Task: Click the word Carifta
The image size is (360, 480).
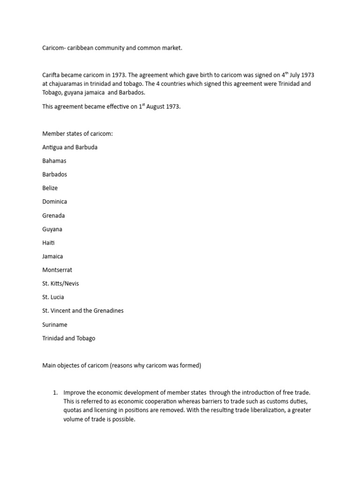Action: pyautogui.click(x=51, y=75)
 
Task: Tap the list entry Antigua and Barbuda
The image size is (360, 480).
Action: pyautogui.click(x=70, y=147)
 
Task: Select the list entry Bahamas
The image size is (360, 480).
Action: pyautogui.click(x=54, y=161)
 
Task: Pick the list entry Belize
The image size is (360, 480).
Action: pyautogui.click(x=50, y=188)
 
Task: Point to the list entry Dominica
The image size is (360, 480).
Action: pyautogui.click(x=55, y=202)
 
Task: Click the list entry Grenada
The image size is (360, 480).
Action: pyautogui.click(x=54, y=216)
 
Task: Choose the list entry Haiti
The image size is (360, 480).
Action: pyautogui.click(x=48, y=243)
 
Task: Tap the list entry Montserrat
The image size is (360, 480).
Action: pyautogui.click(x=57, y=270)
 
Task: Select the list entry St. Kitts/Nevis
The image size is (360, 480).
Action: pyautogui.click(x=60, y=284)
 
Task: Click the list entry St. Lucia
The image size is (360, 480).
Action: pyautogui.click(x=53, y=297)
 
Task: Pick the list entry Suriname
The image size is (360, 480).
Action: pyautogui.click(x=55, y=324)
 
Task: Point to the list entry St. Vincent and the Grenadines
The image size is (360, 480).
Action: pyautogui.click(x=83, y=311)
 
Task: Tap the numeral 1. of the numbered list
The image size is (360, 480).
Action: pyautogui.click(x=55, y=392)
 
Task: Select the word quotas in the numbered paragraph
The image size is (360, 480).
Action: pyautogui.click(x=73, y=410)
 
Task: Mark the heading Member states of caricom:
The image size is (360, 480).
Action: pyautogui.click(x=77, y=134)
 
